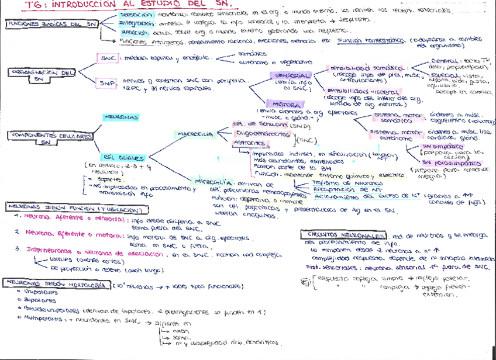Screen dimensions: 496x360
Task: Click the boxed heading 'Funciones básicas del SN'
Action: tap(52, 25)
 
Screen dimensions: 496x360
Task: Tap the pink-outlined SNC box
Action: tap(108, 59)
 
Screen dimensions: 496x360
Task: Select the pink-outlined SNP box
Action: tap(107, 84)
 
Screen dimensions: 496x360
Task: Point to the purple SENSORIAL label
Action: tap(290, 76)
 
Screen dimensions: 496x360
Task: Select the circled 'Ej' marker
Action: tap(305, 281)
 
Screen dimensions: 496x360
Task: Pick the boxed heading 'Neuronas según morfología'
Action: tap(55, 285)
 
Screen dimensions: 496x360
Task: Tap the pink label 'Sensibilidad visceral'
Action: tap(352, 92)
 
